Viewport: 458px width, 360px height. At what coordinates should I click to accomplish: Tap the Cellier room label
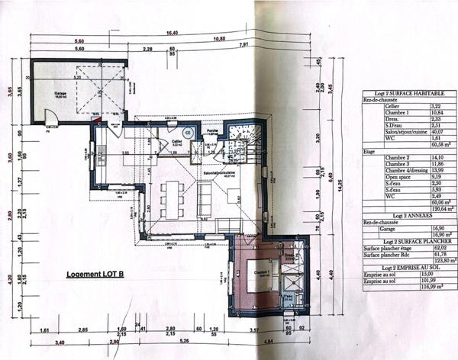pyautogui.click(x=176, y=141)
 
